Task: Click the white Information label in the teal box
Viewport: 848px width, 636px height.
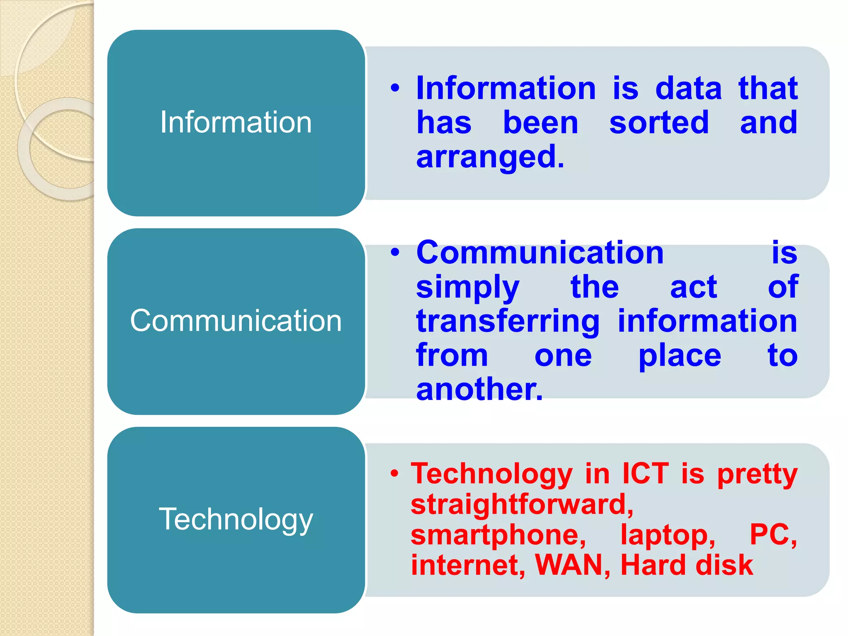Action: [x=236, y=123]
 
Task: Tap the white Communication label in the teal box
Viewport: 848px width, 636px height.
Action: [x=236, y=321]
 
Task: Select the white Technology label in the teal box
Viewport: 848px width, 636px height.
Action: [x=236, y=519]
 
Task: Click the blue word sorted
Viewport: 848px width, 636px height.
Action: [x=659, y=123]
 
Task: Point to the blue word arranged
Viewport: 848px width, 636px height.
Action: [x=490, y=157]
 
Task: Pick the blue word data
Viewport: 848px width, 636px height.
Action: [x=689, y=89]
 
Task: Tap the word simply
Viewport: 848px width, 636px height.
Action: [x=467, y=287]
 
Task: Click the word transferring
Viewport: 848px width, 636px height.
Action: [x=508, y=322]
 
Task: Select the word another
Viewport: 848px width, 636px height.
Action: [x=479, y=389]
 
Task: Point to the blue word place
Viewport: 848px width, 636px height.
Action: [x=679, y=356]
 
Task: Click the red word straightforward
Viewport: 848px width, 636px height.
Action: [x=522, y=504]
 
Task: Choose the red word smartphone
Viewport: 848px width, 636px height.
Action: [x=498, y=535]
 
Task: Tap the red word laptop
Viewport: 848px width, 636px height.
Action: [x=667, y=535]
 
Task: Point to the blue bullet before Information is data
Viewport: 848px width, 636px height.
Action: [x=395, y=88]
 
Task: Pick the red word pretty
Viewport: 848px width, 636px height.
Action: [x=757, y=474]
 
